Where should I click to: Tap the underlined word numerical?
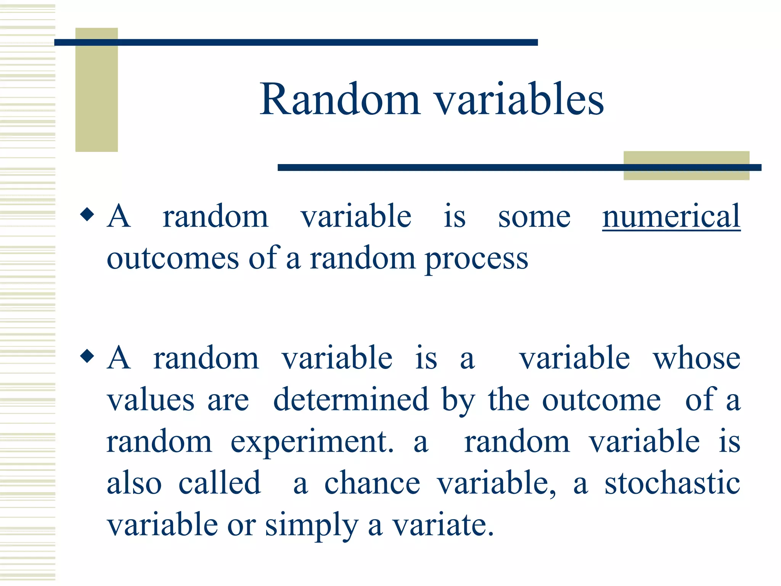[671, 217]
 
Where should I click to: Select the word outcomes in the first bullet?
[172, 259]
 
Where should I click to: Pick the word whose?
[696, 359]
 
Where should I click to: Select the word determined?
[351, 400]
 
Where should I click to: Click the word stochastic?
[672, 483]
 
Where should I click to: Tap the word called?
[220, 483]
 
